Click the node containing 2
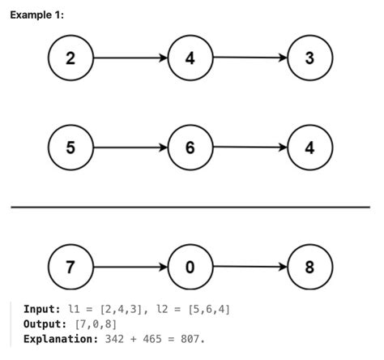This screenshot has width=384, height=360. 70,58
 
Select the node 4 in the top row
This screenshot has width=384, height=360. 190,58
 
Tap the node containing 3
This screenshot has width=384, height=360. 309,58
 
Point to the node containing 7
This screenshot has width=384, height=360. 70,267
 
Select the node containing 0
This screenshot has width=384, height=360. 190,267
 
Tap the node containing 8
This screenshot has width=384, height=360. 309,267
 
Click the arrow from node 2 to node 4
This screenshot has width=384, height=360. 130,58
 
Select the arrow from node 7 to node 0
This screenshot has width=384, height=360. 130,267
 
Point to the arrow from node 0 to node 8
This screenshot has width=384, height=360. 250,267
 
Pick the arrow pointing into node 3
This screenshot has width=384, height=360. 250,58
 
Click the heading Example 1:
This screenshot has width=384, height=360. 36,15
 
